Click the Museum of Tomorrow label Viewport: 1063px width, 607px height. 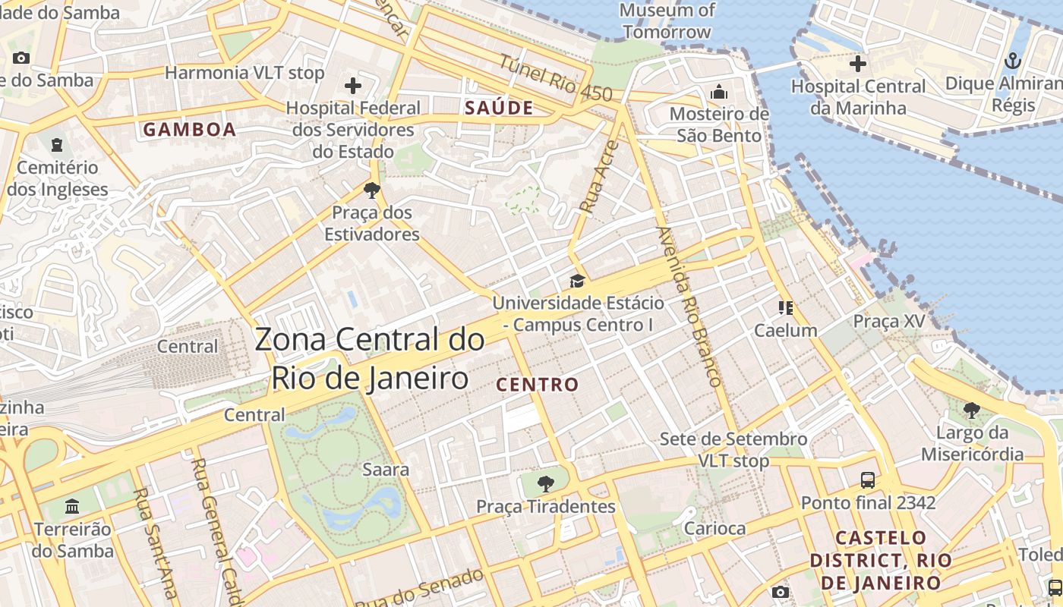click(x=667, y=20)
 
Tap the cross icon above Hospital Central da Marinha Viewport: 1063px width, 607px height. click(x=858, y=64)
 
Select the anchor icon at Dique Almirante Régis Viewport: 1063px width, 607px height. click(x=1012, y=61)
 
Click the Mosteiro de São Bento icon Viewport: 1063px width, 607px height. click(x=718, y=93)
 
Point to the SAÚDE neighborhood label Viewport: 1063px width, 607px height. click(x=499, y=108)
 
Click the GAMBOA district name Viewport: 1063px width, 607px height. click(x=190, y=130)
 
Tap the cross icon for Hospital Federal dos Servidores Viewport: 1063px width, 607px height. click(x=353, y=86)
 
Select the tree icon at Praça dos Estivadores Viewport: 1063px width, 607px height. click(x=371, y=190)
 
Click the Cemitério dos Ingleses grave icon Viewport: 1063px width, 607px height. click(x=57, y=144)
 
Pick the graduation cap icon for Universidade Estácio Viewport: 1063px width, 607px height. click(x=577, y=281)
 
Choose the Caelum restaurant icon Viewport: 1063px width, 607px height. click(x=785, y=307)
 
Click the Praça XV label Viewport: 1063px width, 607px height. click(x=888, y=321)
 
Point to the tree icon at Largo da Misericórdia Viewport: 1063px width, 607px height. click(x=971, y=410)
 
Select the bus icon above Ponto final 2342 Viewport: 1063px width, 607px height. click(x=868, y=480)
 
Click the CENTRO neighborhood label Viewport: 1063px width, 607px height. click(x=538, y=385)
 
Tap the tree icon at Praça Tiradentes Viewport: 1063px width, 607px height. click(x=545, y=483)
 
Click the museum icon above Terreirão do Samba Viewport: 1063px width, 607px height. click(x=72, y=506)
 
